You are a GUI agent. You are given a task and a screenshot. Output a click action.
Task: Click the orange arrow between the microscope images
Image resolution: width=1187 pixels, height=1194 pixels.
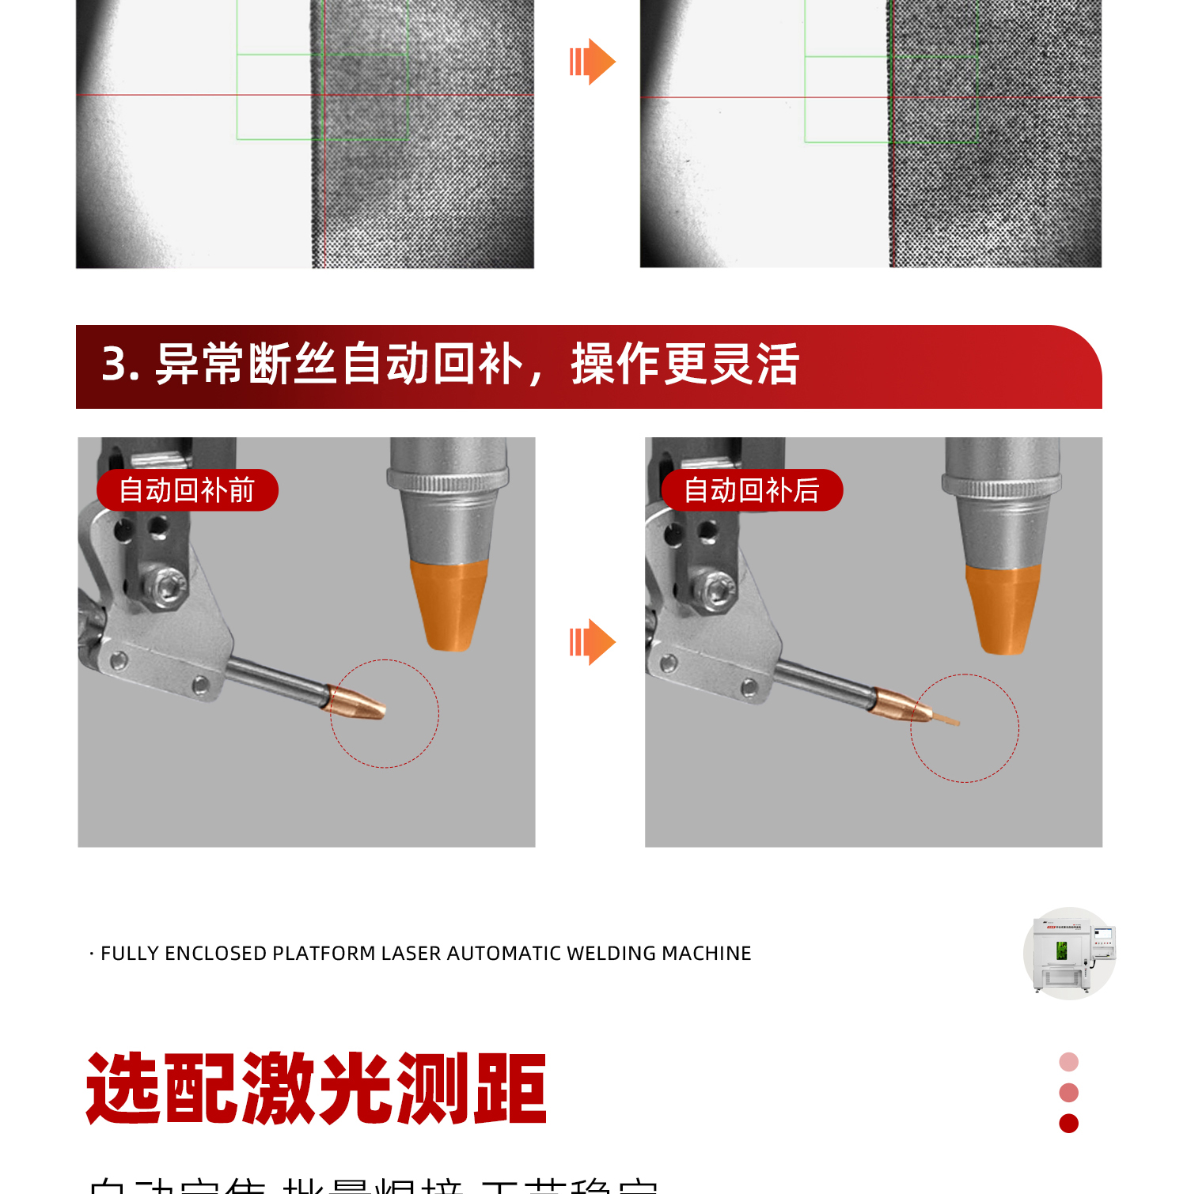[x=593, y=62]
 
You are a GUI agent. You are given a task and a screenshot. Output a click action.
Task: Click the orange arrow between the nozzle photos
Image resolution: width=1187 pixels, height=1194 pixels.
[x=593, y=641]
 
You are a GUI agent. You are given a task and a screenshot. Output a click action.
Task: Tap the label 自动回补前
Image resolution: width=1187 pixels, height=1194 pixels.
[x=187, y=490]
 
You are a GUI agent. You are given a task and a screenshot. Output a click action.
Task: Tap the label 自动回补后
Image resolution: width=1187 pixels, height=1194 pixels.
[x=752, y=490]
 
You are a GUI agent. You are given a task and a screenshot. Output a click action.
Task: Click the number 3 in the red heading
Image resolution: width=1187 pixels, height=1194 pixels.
[x=116, y=365]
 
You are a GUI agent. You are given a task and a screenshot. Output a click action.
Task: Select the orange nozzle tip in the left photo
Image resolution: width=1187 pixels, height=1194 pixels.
[x=449, y=604]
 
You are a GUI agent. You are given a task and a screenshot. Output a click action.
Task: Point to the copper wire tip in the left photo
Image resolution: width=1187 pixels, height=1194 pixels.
[x=359, y=701]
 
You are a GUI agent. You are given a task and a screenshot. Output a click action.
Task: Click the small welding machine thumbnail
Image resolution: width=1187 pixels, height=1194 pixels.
[x=1069, y=954]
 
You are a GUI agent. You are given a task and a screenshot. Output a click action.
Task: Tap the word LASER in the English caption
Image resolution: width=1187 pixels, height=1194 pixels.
[x=411, y=954]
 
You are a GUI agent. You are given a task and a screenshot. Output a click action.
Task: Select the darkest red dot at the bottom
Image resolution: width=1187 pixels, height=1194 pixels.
[x=1068, y=1124]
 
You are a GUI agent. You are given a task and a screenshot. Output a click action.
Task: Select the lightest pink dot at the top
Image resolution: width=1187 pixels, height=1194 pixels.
[x=1068, y=1062]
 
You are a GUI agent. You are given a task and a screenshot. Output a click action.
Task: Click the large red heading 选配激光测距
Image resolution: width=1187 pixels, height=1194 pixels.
[x=317, y=1089]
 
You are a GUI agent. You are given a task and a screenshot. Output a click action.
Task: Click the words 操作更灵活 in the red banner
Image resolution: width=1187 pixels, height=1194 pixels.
[x=685, y=365]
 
